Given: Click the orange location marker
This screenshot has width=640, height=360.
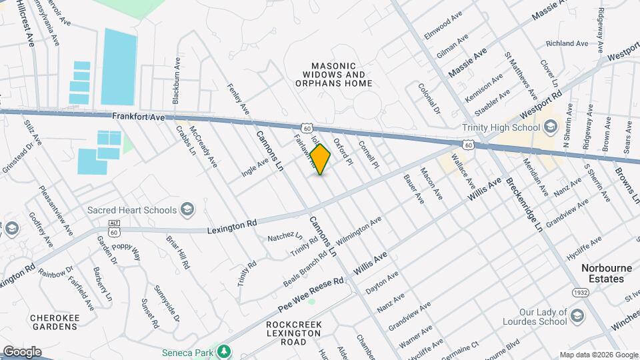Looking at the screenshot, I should point(321,159).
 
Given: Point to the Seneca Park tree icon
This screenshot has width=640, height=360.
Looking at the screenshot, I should point(225,351).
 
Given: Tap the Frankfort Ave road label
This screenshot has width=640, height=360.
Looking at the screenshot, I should point(138,117).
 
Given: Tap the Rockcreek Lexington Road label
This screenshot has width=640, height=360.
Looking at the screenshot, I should point(294,333).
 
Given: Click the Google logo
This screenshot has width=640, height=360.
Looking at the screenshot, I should point(21,352).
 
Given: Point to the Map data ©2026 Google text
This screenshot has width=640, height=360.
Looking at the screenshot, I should point(598,355).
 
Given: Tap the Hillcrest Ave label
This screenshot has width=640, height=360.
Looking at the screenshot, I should point(26,23).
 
